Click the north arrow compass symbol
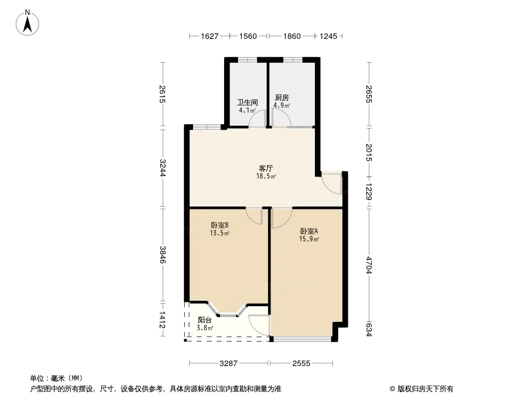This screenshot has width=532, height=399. click(x=27, y=23)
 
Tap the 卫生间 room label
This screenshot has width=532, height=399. click(x=248, y=102)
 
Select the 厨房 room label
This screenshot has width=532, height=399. click(x=282, y=98)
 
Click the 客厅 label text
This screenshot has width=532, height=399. click(x=266, y=168)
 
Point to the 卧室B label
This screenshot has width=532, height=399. click(x=220, y=225)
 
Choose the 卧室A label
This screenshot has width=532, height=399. click(x=309, y=231)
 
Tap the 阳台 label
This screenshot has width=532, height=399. click(x=205, y=320)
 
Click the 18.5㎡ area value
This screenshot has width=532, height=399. click(x=266, y=176)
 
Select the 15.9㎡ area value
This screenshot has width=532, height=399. click(x=309, y=239)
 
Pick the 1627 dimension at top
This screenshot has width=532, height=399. click(x=210, y=36)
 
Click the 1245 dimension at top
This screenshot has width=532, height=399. click(x=328, y=36)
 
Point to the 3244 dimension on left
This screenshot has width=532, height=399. click(x=163, y=168)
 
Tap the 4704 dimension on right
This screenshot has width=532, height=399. click(x=369, y=265)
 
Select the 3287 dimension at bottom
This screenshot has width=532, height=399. click(x=229, y=364)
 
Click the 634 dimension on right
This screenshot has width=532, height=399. click(x=369, y=330)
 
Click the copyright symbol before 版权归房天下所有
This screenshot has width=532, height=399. click(x=392, y=389)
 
